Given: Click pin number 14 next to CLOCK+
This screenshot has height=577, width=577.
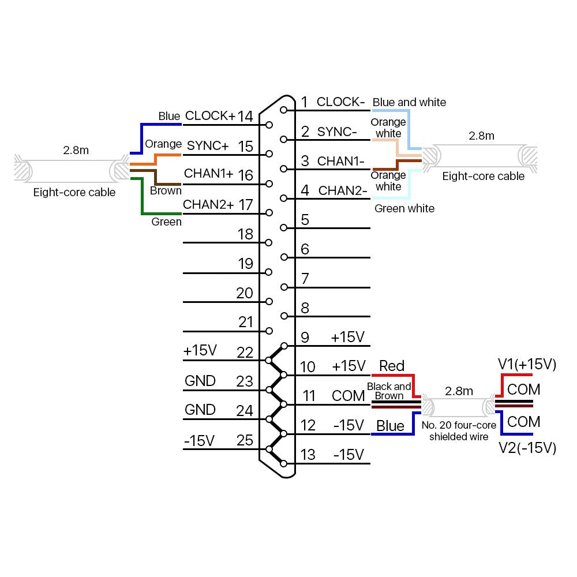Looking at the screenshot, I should [x=245, y=116].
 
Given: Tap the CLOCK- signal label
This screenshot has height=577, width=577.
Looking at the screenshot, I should [x=340, y=102].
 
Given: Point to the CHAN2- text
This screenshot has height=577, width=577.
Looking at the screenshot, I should [x=343, y=190].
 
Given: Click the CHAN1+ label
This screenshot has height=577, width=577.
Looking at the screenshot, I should [x=209, y=174].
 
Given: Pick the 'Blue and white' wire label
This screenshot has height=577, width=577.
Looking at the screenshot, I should [x=409, y=102].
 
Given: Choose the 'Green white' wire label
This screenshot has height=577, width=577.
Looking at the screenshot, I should [x=404, y=208].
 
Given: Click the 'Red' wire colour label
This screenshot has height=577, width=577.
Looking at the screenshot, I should [x=392, y=366].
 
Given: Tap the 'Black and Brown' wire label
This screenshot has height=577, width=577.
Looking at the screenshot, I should [x=389, y=391].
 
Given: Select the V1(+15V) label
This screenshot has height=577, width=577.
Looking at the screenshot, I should [x=527, y=364].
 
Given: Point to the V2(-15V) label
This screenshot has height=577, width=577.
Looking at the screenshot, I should [x=527, y=448].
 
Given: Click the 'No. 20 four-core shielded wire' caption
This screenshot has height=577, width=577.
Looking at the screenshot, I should [x=459, y=431].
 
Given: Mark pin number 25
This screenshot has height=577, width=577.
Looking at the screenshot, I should [x=245, y=440].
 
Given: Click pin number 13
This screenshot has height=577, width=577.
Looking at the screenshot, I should [x=308, y=455].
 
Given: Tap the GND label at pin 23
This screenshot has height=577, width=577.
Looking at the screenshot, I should [x=200, y=381].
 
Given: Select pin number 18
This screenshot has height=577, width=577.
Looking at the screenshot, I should [x=245, y=234].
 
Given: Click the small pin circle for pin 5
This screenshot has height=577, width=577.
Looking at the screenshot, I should [x=283, y=227].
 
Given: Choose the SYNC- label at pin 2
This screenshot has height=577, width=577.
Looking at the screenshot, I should [x=337, y=132].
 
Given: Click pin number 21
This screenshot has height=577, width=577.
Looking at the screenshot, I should [x=246, y=322].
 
